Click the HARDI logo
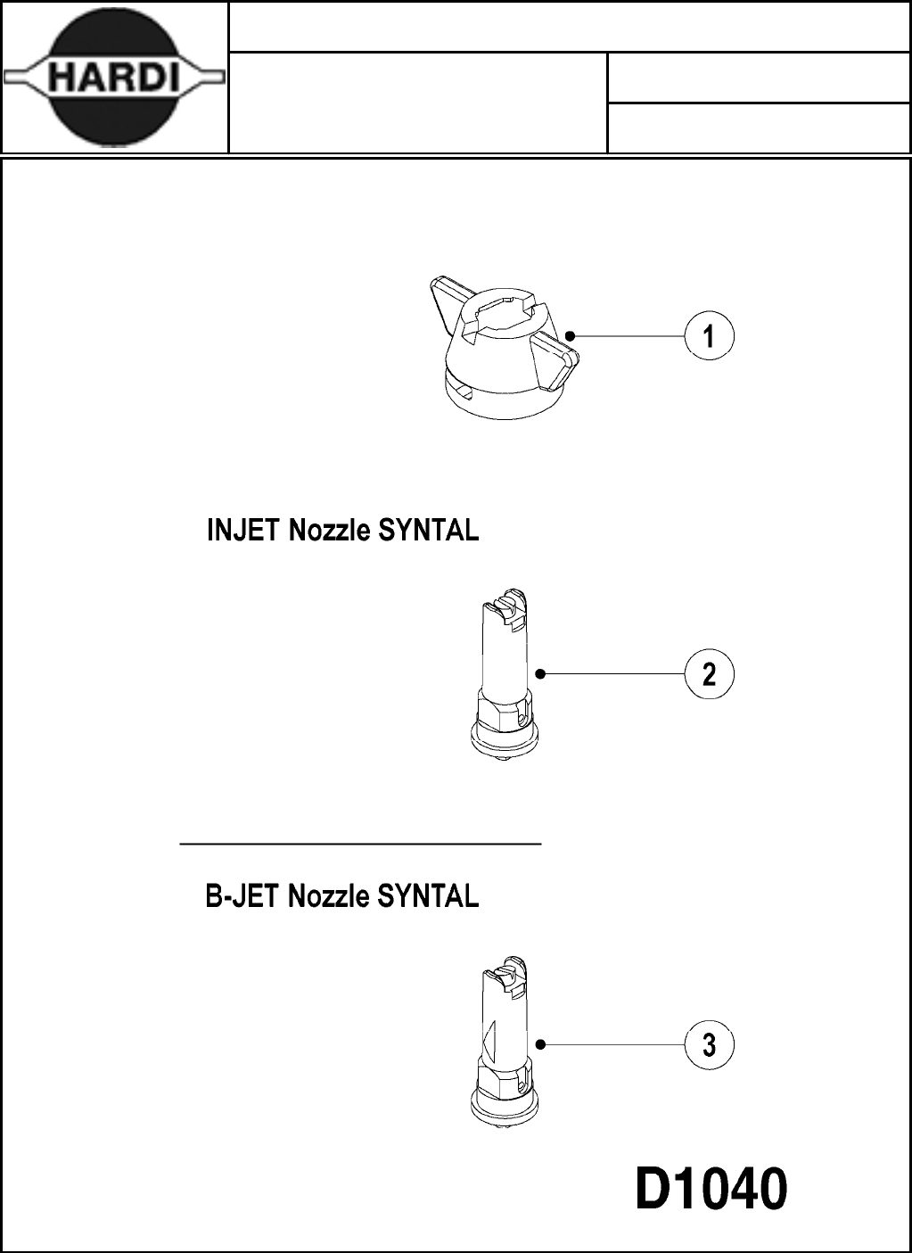(114, 78)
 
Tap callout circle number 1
(709, 336)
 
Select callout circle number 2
(709, 673)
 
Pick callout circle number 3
(709, 1044)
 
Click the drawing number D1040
(711, 1190)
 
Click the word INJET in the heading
(242, 531)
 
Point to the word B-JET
(242, 895)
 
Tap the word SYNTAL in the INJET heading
(429, 531)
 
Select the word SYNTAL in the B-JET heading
(429, 895)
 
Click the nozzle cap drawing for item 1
(504, 352)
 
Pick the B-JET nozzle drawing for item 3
(504, 1043)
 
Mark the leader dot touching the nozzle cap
(570, 336)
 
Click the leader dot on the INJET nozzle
(540, 673)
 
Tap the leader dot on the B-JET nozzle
(540, 1044)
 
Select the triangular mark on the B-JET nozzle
(488, 1040)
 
